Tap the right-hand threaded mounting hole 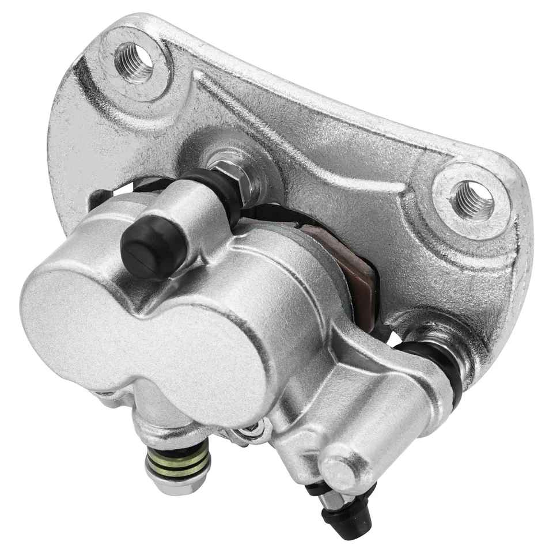472,200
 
